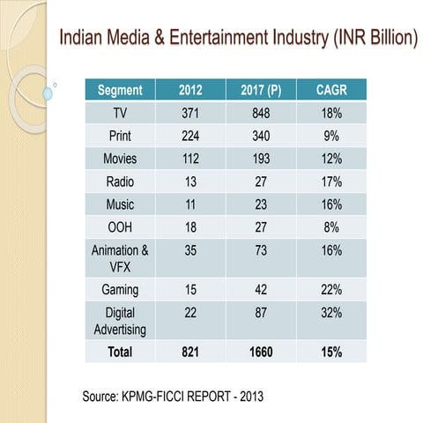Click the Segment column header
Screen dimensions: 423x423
120,90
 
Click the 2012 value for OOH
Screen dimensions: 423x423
190,226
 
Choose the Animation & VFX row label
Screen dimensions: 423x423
120,257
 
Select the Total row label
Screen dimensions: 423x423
120,352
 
